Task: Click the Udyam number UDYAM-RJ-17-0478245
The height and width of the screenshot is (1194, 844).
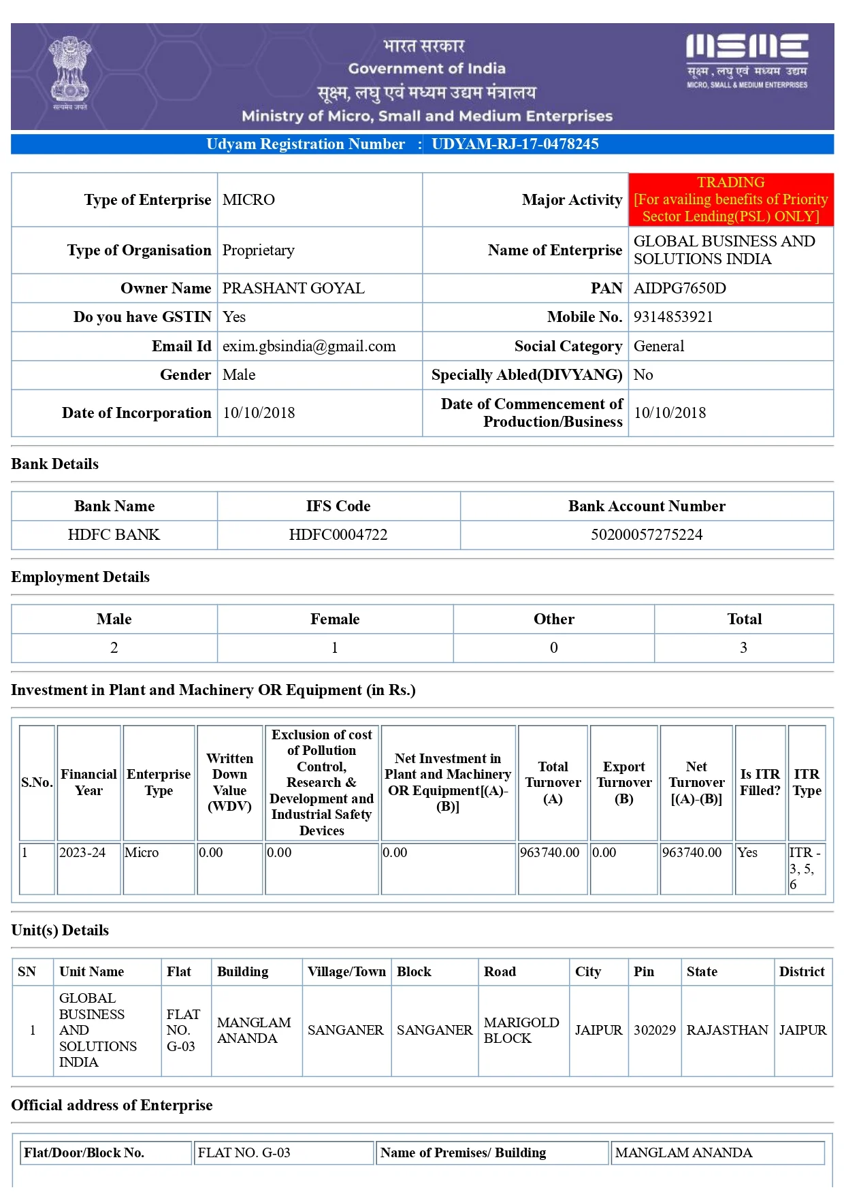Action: click(x=515, y=144)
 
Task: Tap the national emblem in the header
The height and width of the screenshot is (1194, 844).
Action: click(x=70, y=71)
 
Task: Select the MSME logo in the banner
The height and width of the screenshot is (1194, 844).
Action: click(x=747, y=61)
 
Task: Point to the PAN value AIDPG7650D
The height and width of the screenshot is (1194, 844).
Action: click(x=679, y=289)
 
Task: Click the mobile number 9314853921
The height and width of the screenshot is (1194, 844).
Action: click(x=673, y=317)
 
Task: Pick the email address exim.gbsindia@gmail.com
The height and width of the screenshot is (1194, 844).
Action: click(x=309, y=346)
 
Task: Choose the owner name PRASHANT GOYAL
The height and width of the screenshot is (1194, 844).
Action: click(x=293, y=289)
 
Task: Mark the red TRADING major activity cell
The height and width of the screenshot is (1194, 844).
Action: click(x=730, y=199)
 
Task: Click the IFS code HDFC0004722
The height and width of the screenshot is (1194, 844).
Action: click(x=338, y=535)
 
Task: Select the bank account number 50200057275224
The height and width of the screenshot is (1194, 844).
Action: click(x=647, y=535)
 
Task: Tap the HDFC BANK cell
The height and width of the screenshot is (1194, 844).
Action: click(x=114, y=535)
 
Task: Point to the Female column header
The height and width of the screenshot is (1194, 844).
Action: click(x=335, y=619)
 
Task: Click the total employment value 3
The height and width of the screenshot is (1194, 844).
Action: click(x=743, y=648)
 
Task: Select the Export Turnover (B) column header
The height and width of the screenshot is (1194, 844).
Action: click(x=623, y=783)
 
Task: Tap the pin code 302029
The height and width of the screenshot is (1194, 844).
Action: click(x=654, y=1031)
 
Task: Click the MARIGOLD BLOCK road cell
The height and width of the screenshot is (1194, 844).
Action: click(x=521, y=1031)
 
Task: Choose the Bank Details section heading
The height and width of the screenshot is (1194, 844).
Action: click(x=55, y=464)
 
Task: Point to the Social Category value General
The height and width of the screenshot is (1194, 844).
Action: click(x=659, y=346)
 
